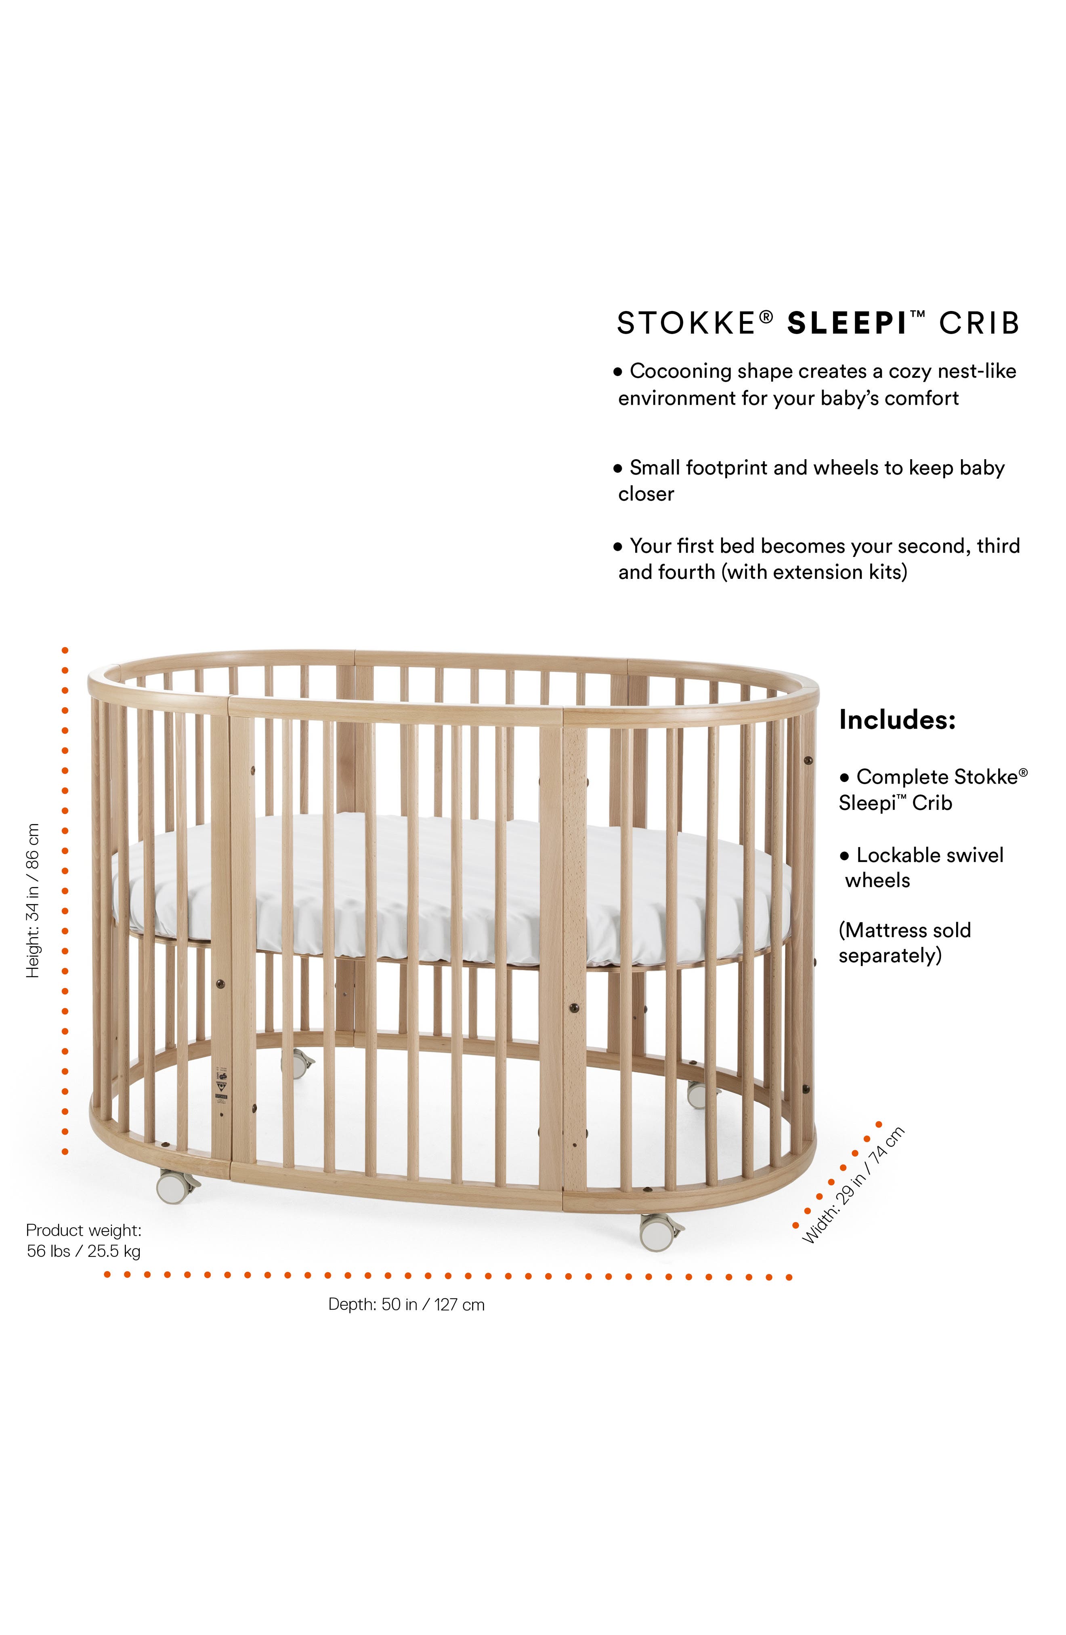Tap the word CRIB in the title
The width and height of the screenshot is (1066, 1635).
(x=979, y=323)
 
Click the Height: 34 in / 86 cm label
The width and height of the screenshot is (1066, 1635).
(x=32, y=900)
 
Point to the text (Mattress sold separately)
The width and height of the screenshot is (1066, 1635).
(x=904, y=943)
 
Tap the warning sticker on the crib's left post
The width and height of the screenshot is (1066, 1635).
(x=221, y=1085)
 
